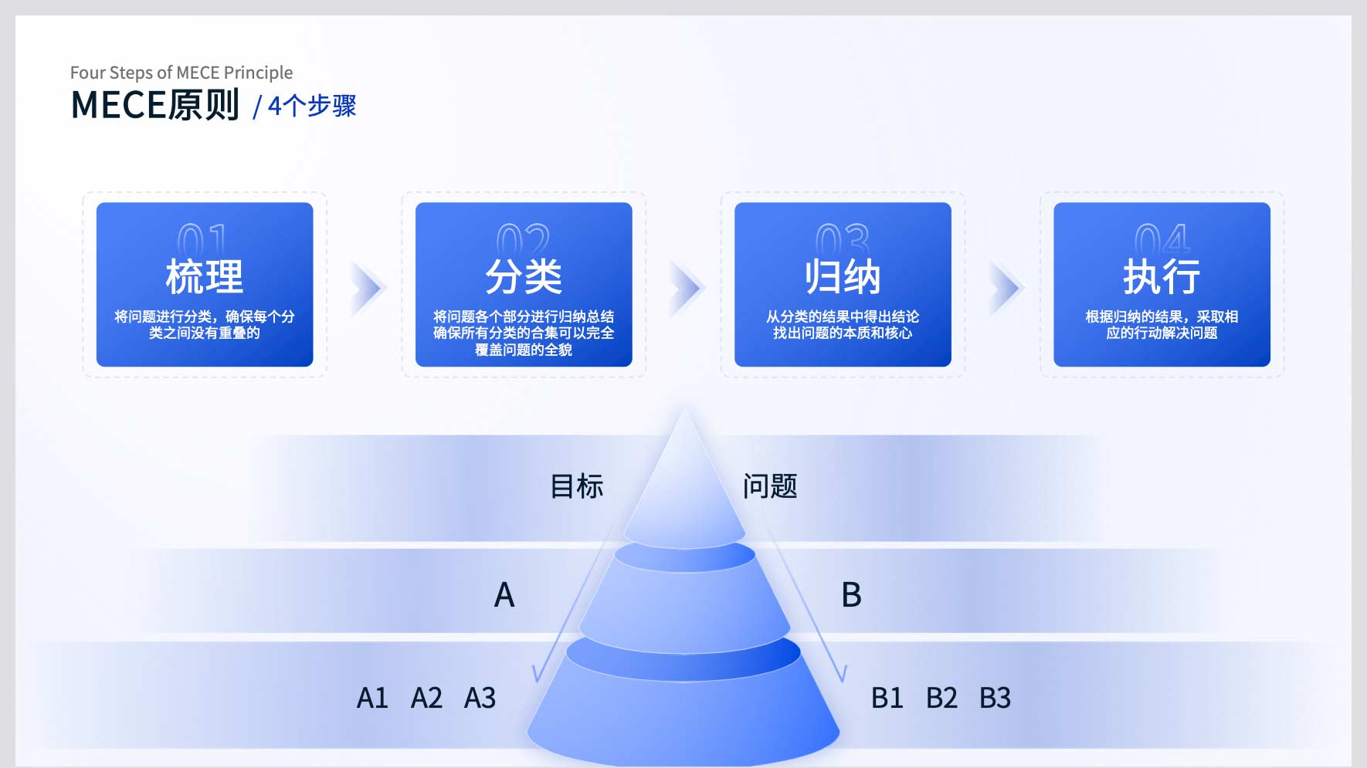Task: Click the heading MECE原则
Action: (155, 105)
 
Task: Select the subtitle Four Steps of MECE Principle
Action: (181, 73)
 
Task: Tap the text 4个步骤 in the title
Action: (312, 106)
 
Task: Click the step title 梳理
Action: (205, 276)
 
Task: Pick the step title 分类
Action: (524, 276)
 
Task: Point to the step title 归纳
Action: (843, 276)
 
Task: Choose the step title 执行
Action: (1162, 276)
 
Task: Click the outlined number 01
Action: (203, 239)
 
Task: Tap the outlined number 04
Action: (1162, 239)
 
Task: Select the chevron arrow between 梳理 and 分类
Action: (368, 289)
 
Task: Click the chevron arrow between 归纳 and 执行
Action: (1006, 289)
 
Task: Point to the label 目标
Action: (577, 486)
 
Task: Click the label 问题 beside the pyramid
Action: (770, 486)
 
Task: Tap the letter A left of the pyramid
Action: (504, 595)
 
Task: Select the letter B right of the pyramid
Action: (851, 595)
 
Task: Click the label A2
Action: (426, 698)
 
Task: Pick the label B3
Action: (995, 698)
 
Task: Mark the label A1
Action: (372, 698)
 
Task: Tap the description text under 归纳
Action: (843, 325)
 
